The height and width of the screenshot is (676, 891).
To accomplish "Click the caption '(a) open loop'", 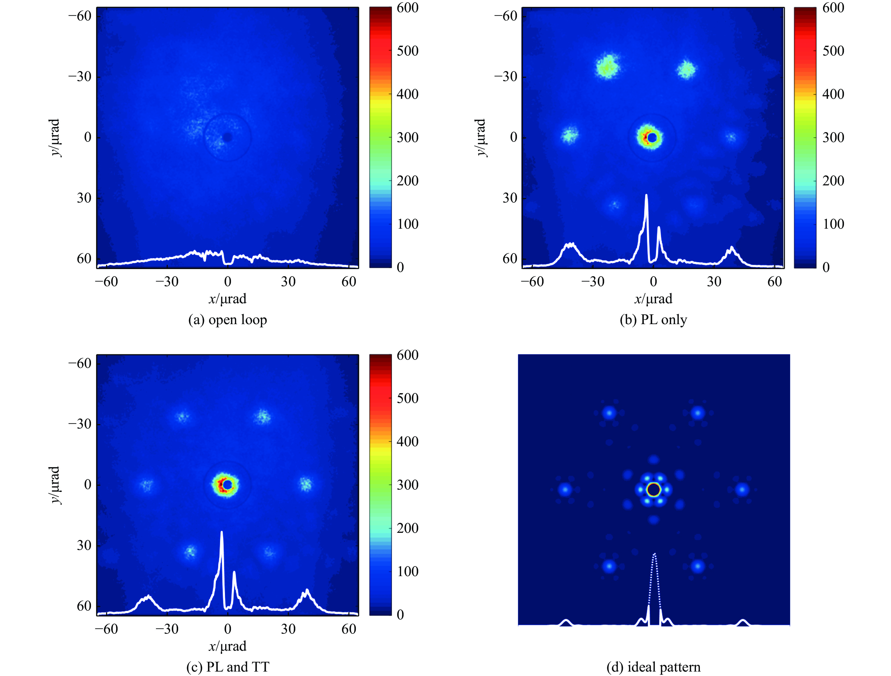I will [228, 320].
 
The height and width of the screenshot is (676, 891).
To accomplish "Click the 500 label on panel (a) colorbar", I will [407, 51].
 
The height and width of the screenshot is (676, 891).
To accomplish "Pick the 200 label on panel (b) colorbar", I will [833, 180].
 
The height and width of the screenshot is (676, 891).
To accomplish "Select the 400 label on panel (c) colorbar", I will [407, 441].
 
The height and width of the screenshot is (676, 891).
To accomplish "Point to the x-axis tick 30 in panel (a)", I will [288, 281].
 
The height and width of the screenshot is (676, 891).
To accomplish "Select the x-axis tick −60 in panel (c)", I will [106, 629].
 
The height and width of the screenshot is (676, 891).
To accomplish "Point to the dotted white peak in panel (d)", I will [654, 556].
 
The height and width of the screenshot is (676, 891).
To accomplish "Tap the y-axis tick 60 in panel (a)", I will [84, 258].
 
